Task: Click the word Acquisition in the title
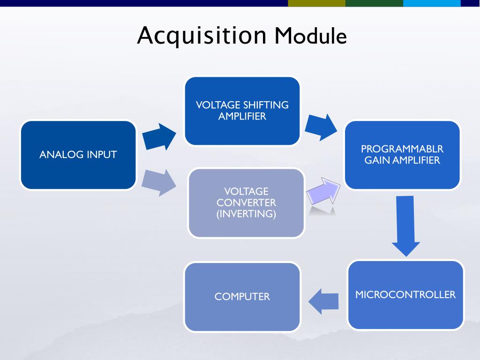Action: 202,36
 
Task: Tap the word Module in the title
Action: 310,36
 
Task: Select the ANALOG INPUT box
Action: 78,155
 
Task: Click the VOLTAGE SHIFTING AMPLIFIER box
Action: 242,111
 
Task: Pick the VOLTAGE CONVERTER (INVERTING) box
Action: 246,202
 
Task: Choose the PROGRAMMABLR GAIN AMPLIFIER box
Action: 402,155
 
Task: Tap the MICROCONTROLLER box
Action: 405,295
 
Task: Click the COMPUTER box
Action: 242,297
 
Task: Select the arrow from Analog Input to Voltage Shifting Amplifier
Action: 159,137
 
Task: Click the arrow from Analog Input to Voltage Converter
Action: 159,183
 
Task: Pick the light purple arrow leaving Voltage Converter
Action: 323,191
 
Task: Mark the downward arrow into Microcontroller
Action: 405,226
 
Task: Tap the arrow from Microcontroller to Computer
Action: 323,301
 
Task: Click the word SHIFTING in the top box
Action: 266,105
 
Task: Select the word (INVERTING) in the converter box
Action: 246,214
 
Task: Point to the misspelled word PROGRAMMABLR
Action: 402,149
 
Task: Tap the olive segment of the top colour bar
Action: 316,3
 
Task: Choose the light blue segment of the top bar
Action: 432,3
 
